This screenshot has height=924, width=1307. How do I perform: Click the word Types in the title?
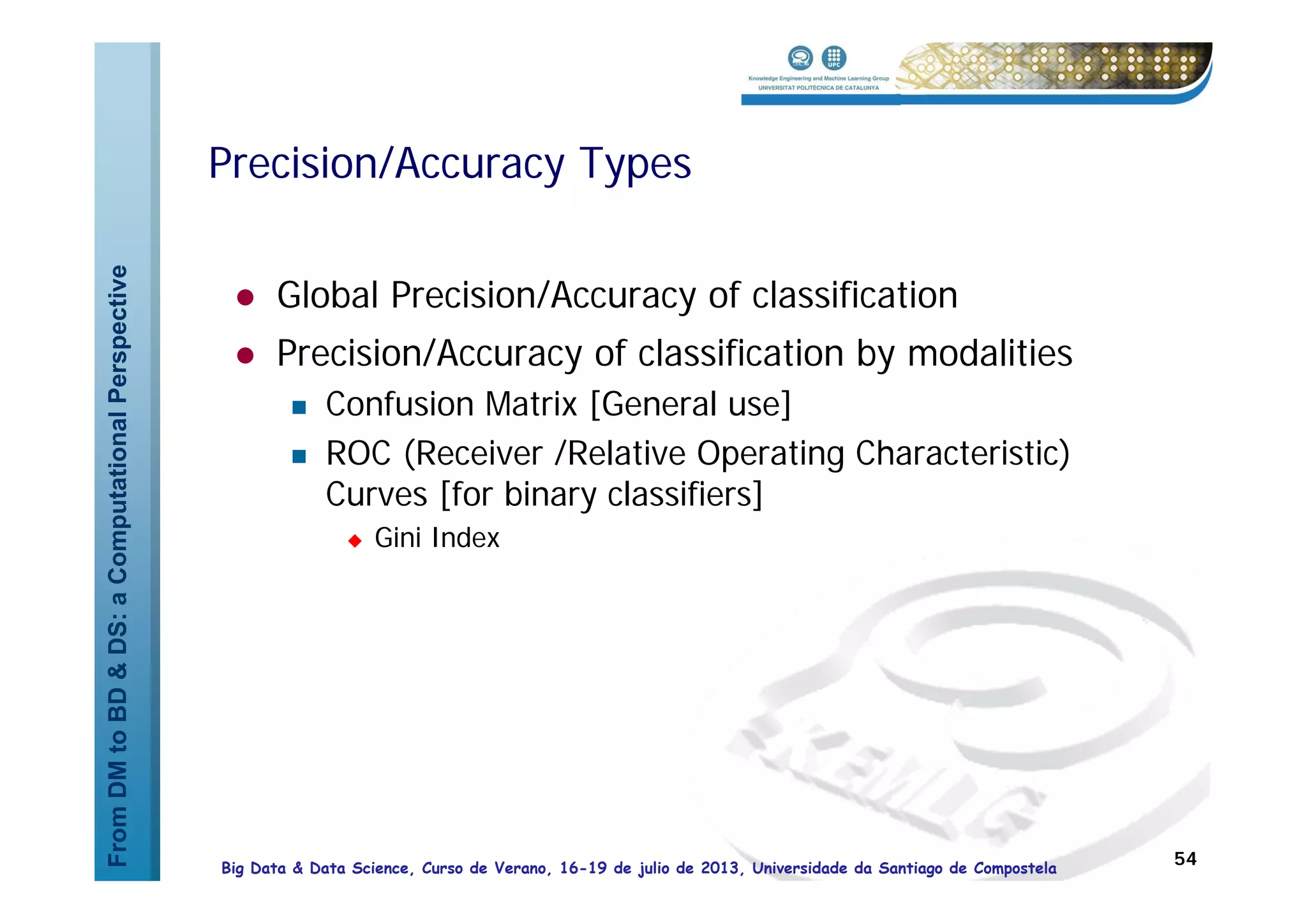(x=634, y=165)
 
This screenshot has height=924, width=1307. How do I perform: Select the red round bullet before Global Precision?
(x=245, y=297)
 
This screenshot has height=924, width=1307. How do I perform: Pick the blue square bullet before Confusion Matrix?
(x=299, y=407)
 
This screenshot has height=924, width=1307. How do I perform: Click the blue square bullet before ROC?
(x=299, y=456)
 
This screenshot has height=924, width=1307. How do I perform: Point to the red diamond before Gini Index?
(x=355, y=541)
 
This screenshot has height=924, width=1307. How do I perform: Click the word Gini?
(x=398, y=538)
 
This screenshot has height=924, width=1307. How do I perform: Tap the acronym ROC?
(x=358, y=454)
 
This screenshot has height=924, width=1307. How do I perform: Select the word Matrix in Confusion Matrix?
(x=530, y=405)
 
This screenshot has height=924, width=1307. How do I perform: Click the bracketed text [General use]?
(x=691, y=405)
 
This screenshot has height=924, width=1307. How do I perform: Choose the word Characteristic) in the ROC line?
(x=962, y=454)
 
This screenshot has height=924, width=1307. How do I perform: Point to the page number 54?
(x=1185, y=859)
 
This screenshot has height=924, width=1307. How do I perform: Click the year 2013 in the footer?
(x=719, y=868)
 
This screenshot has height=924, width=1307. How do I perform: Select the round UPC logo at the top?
(x=833, y=58)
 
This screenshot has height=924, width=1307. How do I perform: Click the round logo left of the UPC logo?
(x=800, y=58)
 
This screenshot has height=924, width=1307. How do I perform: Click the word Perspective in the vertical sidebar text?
(x=118, y=334)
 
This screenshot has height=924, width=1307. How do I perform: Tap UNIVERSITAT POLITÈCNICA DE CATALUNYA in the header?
(x=818, y=88)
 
